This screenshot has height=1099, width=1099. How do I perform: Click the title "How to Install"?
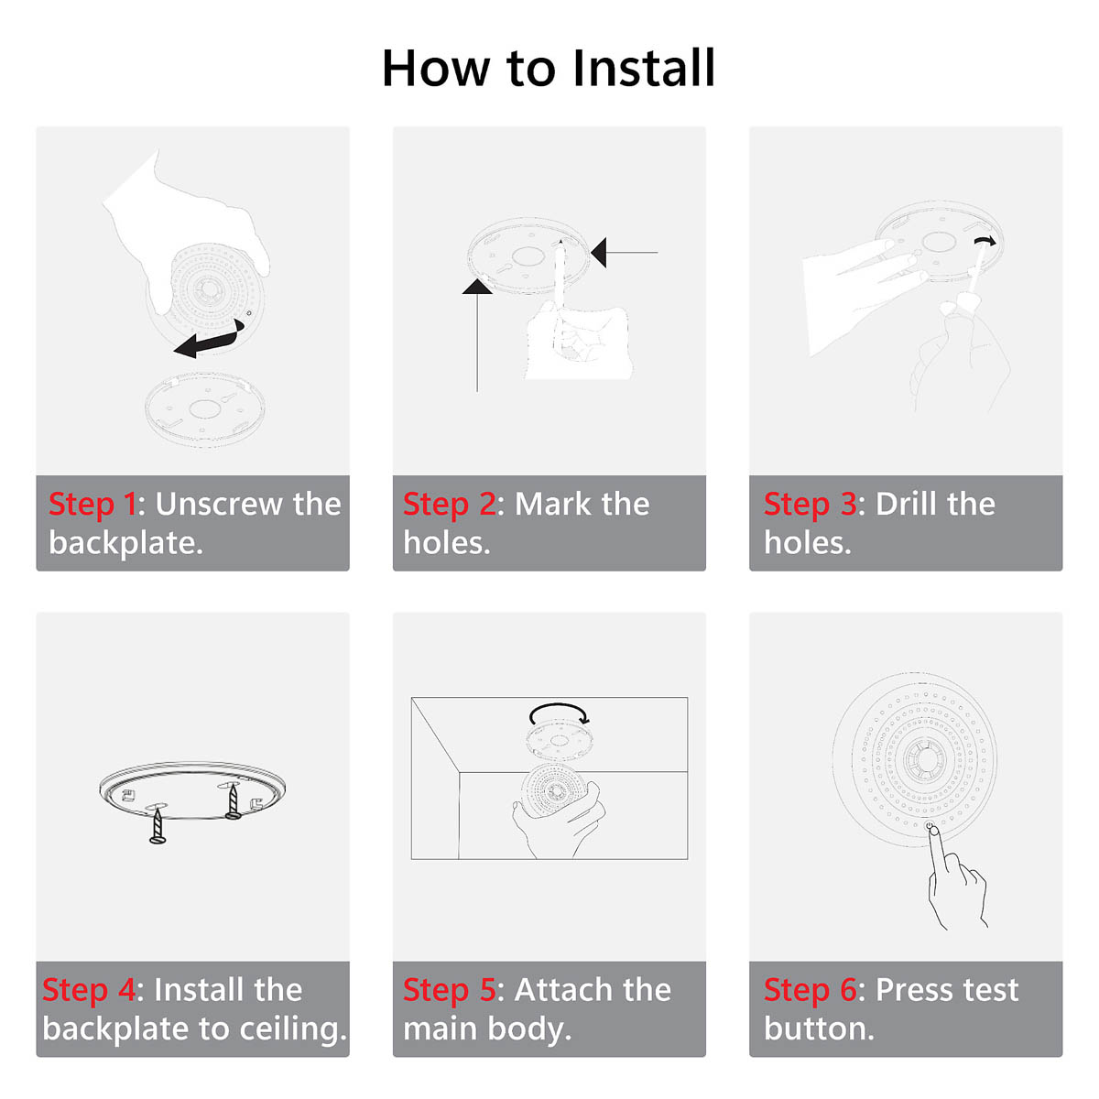click(x=549, y=69)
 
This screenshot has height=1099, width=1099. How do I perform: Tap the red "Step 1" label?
click(x=92, y=504)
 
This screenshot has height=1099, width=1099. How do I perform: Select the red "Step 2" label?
click(x=449, y=504)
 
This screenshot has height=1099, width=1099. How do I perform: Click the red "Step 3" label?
click(x=810, y=504)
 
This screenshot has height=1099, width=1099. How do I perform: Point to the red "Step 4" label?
click(x=88, y=990)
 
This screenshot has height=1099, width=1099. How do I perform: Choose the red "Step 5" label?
click(x=449, y=990)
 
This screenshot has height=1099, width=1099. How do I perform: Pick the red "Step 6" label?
click(x=810, y=990)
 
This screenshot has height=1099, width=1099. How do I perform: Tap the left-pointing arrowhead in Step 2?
click(x=599, y=252)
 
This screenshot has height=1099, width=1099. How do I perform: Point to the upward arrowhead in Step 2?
click(x=477, y=287)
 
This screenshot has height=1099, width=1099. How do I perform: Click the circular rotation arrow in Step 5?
click(x=559, y=713)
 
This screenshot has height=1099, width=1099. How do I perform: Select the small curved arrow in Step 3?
click(x=985, y=241)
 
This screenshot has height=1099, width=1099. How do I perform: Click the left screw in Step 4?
click(x=158, y=824)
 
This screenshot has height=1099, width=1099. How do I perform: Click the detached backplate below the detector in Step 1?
click(x=204, y=409)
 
